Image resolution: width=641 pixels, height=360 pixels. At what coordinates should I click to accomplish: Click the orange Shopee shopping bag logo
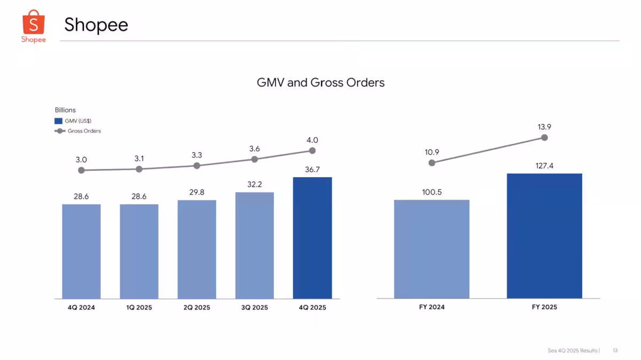click(34, 22)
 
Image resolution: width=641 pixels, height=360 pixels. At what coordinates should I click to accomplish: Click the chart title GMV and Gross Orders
click(320, 83)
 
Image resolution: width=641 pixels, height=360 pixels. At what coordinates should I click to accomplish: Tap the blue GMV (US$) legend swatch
click(58, 121)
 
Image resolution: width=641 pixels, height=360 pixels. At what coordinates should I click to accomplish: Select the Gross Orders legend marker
click(60, 131)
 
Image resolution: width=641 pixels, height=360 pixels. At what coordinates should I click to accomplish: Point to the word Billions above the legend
click(65, 110)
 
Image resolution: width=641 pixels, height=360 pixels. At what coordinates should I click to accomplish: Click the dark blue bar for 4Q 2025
click(312, 238)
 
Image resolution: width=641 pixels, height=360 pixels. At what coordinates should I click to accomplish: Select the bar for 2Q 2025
click(197, 249)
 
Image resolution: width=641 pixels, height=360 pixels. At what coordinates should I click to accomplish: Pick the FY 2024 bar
click(432, 249)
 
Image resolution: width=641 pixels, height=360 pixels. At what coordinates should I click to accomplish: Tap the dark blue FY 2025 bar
click(544, 236)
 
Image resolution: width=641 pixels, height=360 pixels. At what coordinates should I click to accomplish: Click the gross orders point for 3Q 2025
click(254, 159)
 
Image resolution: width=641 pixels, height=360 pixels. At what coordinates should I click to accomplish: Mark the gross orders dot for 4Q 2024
click(81, 170)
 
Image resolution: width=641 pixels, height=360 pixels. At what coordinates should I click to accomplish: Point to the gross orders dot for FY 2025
click(544, 138)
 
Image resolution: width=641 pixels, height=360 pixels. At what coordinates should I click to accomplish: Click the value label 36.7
click(312, 170)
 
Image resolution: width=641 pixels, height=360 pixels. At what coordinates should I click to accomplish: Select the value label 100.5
click(432, 192)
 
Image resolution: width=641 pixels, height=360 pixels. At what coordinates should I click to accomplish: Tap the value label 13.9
click(544, 127)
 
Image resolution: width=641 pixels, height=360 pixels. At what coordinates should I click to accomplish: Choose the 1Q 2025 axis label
click(139, 307)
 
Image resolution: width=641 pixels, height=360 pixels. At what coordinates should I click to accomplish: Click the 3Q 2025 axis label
click(254, 307)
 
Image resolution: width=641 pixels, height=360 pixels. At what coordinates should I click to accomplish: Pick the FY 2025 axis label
click(544, 307)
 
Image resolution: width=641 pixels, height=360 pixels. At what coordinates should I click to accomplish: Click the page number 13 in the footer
click(615, 350)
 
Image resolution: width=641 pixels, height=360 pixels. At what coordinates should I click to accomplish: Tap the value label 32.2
click(254, 185)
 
